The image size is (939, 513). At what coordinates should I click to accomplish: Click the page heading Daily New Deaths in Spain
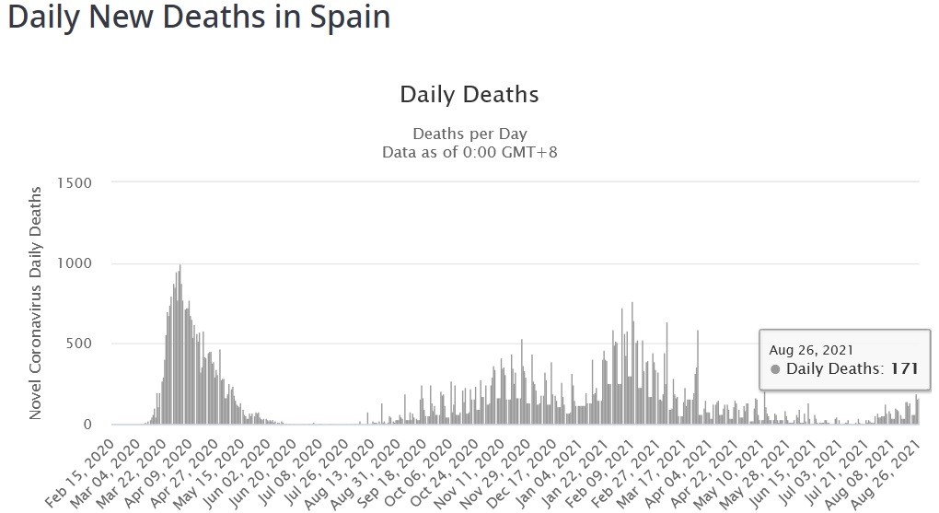tap(199, 18)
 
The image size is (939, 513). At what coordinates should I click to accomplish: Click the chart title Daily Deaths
tap(469, 94)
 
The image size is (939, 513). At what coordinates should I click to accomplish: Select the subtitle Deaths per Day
tap(469, 134)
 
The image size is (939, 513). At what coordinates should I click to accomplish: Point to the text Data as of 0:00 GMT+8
tap(469, 151)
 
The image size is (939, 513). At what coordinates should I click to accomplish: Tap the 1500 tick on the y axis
tap(75, 182)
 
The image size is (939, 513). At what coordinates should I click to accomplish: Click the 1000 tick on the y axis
tap(75, 263)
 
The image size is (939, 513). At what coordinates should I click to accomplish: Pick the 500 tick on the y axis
tap(79, 344)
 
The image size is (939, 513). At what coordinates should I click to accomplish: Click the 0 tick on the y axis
tap(87, 425)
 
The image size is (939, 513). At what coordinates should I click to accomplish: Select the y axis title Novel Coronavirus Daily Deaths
tap(36, 303)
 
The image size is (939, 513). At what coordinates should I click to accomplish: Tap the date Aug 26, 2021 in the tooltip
tap(811, 350)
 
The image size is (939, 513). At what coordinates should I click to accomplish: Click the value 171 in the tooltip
tap(904, 369)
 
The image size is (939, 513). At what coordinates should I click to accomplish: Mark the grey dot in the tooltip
tap(775, 369)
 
